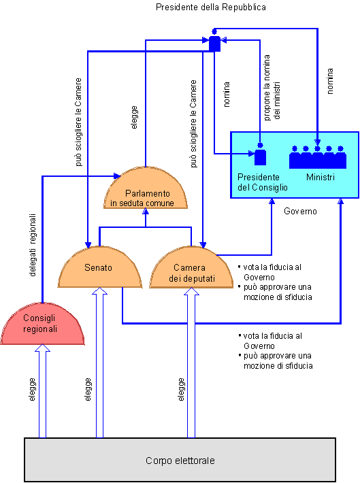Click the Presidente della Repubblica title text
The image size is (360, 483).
[211, 7]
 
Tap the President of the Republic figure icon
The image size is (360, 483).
[214, 41]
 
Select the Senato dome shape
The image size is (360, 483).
[100, 267]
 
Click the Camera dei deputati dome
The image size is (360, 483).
[191, 267]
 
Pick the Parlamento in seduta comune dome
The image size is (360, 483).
[146, 188]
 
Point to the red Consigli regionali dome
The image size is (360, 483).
[42, 324]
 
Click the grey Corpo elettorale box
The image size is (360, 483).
[180, 460]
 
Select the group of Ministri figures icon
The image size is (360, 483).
[317, 157]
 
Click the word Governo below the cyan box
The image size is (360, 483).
[300, 211]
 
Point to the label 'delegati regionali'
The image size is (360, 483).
[33, 245]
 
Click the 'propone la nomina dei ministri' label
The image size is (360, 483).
[272, 88]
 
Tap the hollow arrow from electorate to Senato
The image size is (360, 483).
[99, 363]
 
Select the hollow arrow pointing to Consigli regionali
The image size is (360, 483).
[42, 391]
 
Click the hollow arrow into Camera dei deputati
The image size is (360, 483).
[191, 363]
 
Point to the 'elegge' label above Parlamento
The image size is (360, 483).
[134, 118]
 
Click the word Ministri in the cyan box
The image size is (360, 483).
[321, 177]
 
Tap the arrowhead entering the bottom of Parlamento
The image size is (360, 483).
[146, 212]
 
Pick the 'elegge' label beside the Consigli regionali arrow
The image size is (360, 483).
[32, 389]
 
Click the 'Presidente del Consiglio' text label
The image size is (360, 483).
[262, 182]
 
